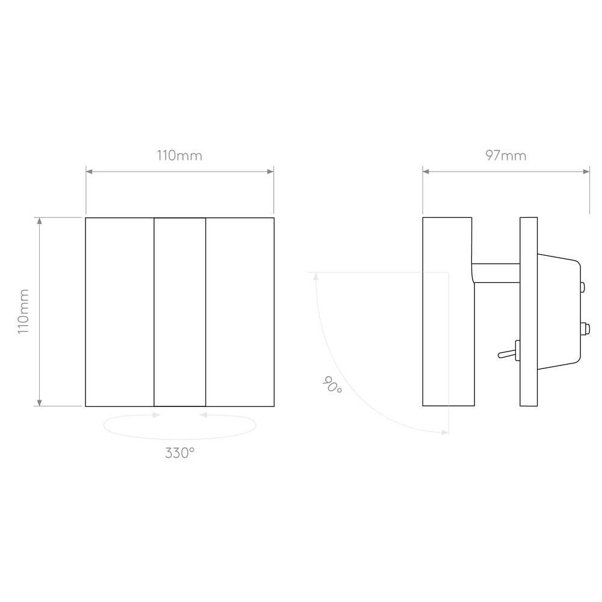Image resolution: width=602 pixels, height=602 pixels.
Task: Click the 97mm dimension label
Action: pyautogui.click(x=506, y=155)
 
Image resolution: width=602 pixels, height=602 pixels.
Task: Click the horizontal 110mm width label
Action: pyautogui.click(x=179, y=155)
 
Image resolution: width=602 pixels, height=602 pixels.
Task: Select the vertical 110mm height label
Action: pyautogui.click(x=23, y=312)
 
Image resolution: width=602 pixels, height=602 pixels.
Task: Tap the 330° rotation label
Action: pyautogui.click(x=179, y=453)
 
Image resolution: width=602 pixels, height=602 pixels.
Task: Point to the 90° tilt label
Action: pyautogui.click(x=332, y=384)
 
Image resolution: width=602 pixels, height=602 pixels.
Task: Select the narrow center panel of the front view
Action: pyautogui.click(x=179, y=312)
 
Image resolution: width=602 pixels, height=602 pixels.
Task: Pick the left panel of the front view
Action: pyautogui.click(x=120, y=312)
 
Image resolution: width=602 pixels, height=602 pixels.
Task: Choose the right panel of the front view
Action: pyautogui.click(x=240, y=312)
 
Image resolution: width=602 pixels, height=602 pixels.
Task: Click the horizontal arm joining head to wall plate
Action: pyautogui.click(x=496, y=273)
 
